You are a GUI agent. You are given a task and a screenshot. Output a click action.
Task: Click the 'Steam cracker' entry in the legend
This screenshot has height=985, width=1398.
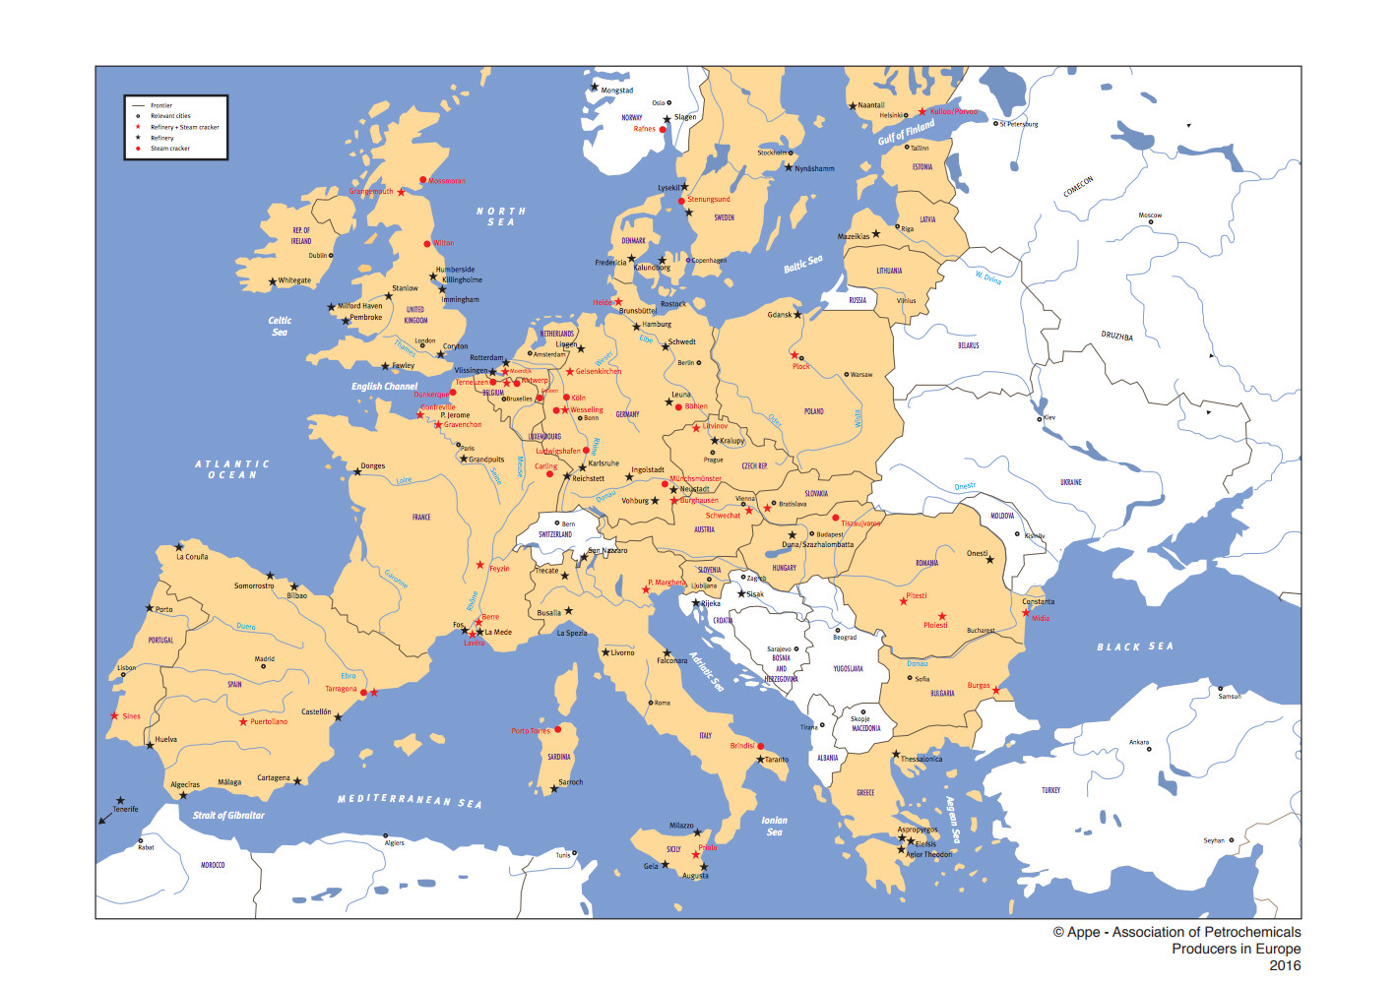click(x=169, y=149)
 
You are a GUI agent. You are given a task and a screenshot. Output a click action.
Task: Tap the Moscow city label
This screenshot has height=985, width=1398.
click(x=1150, y=215)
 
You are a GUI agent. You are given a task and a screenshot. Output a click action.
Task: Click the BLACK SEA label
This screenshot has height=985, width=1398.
click(x=1135, y=646)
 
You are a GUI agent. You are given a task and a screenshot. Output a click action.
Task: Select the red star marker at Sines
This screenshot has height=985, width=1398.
click(x=114, y=715)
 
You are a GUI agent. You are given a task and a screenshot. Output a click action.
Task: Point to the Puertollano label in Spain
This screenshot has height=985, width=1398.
click(x=269, y=721)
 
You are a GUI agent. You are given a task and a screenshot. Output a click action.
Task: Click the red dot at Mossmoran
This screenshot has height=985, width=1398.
click(x=423, y=180)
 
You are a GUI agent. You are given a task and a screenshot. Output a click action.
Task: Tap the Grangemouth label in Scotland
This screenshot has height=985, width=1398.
click(x=371, y=192)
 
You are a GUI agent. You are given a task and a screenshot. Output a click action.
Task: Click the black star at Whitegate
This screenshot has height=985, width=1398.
click(x=273, y=282)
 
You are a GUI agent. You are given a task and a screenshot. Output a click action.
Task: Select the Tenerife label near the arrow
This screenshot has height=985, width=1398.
click(x=125, y=809)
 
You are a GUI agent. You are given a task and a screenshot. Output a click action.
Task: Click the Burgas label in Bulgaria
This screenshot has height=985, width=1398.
click(x=978, y=685)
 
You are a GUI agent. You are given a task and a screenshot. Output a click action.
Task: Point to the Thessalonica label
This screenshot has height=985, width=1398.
click(x=921, y=759)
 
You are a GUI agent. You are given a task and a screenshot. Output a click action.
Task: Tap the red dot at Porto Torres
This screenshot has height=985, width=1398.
click(x=557, y=729)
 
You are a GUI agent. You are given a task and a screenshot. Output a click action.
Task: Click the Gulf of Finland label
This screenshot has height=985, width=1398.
click(x=906, y=132)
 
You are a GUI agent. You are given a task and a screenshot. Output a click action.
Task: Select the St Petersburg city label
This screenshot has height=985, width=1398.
click(x=1019, y=124)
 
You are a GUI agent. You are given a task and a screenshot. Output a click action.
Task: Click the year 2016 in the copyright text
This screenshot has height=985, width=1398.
click(x=1284, y=965)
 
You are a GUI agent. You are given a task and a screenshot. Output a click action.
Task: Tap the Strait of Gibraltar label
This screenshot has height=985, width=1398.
click(x=228, y=815)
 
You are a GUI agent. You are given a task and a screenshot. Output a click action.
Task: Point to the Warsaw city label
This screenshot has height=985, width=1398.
click(x=860, y=374)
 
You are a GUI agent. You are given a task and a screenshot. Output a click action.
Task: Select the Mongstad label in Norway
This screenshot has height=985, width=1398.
click(x=617, y=91)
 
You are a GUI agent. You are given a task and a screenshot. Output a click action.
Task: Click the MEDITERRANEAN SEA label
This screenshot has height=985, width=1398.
click(x=410, y=800)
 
